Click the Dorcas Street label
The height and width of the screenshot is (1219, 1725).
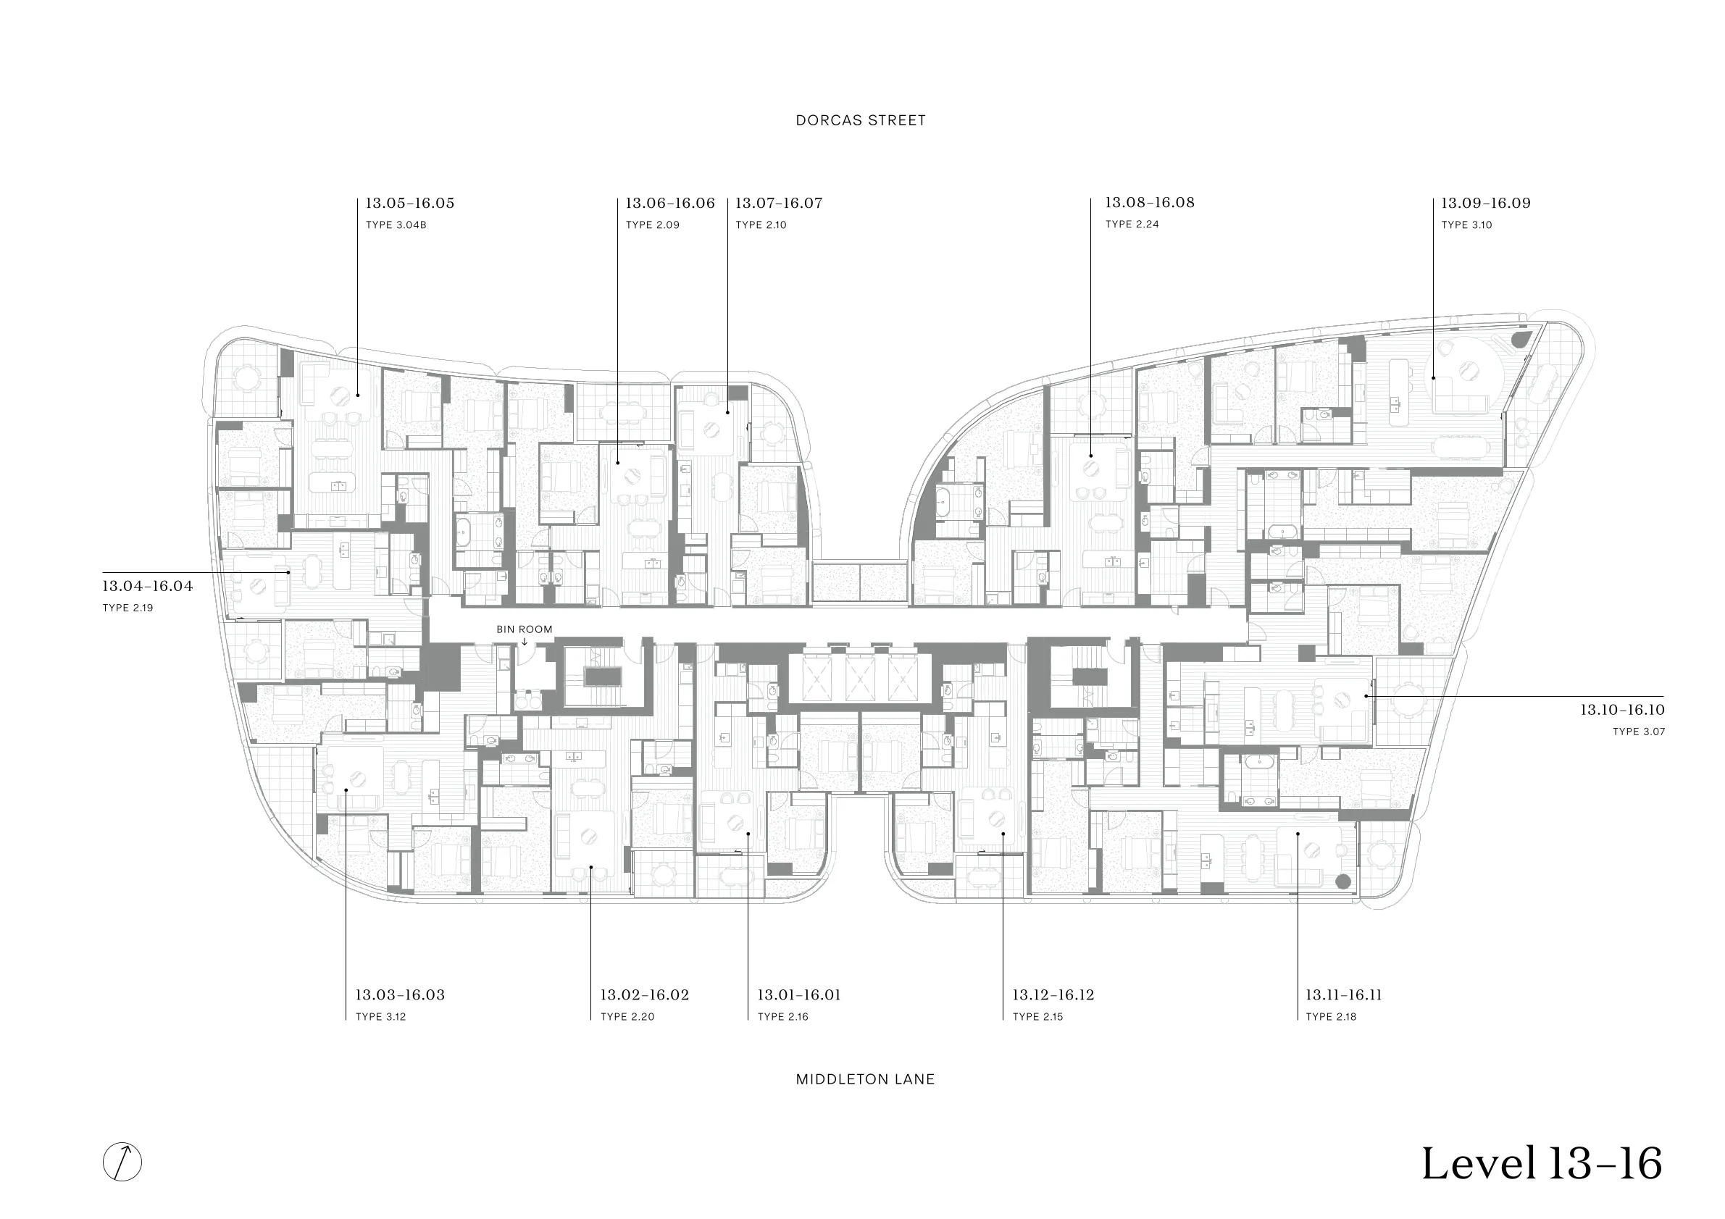(x=860, y=120)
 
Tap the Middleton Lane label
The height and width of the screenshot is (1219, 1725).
(x=865, y=1079)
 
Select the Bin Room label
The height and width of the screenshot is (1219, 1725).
(x=525, y=629)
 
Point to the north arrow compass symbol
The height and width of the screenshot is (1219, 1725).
(x=122, y=1162)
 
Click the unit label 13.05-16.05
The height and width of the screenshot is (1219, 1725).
(x=410, y=203)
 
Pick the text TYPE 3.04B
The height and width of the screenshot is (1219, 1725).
(x=396, y=225)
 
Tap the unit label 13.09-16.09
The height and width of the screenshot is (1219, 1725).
(x=1485, y=203)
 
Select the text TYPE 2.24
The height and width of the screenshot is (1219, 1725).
(x=1132, y=224)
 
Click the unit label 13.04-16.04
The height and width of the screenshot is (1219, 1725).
(x=148, y=586)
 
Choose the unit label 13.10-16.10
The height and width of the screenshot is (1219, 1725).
(x=1622, y=709)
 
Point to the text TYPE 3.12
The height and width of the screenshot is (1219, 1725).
(x=381, y=1017)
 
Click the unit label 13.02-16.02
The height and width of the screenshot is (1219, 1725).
(x=645, y=995)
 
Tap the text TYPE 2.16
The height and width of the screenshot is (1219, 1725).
(x=783, y=1017)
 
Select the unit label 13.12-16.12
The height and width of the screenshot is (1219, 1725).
(x=1053, y=995)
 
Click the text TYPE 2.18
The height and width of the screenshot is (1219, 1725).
(x=1332, y=1017)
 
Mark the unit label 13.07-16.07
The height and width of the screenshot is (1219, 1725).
(x=779, y=203)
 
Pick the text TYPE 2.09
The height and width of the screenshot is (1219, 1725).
(x=653, y=225)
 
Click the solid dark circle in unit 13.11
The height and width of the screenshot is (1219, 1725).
(x=1343, y=881)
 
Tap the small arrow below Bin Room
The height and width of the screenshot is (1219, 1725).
(x=525, y=642)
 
